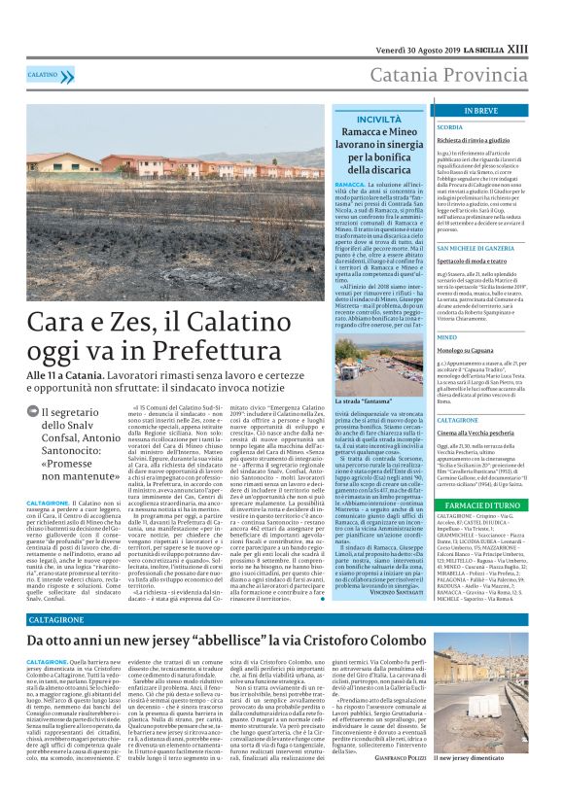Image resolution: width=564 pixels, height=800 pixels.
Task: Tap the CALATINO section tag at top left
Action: pos(43,74)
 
